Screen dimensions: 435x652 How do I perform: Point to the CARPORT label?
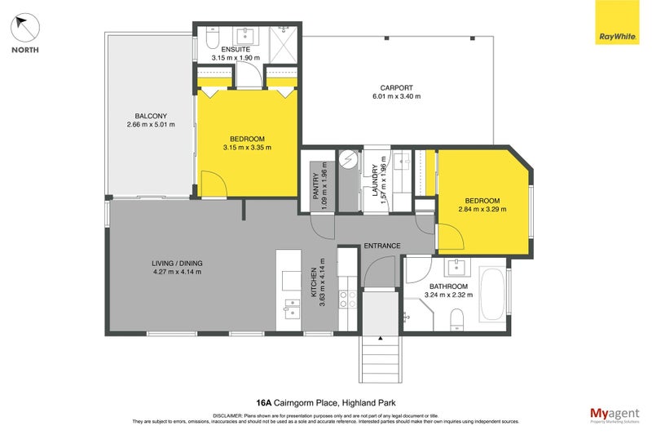397,88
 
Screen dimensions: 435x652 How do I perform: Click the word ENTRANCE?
381,246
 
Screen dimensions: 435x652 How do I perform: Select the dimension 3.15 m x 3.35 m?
247,148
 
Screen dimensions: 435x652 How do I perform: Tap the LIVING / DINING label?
177,263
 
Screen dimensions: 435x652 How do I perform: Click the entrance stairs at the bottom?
382,358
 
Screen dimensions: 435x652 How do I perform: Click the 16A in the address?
263,402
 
